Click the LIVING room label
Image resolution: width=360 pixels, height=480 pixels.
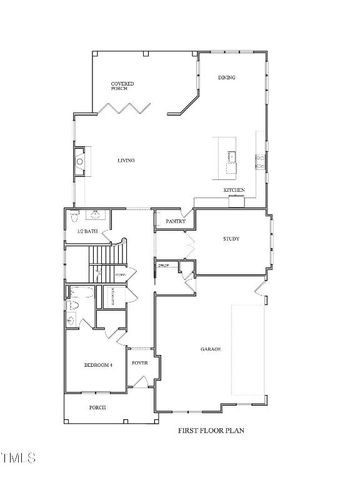point(125,161)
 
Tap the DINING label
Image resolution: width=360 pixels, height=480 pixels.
point(226,78)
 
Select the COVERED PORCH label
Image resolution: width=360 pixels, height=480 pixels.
point(122,86)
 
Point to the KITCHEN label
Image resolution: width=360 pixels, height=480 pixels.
point(234,189)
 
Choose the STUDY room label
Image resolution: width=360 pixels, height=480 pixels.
point(232,239)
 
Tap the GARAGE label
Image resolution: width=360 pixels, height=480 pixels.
point(210,349)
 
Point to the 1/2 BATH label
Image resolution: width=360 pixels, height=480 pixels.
point(87,231)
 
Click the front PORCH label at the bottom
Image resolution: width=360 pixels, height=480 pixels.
point(97,408)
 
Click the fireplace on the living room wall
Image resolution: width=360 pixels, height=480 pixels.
point(79,160)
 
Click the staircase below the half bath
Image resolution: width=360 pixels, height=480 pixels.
point(103,263)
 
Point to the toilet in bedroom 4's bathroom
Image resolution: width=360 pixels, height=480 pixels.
point(74,306)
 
